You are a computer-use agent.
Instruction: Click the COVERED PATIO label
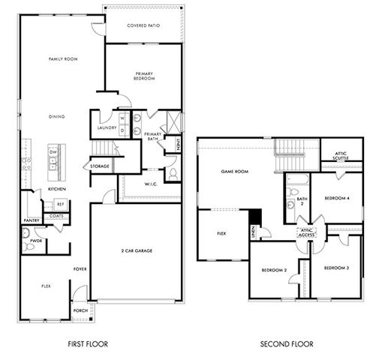point(144,25)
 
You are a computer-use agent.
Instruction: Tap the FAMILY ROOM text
point(64,58)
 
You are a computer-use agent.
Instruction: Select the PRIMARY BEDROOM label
point(145,76)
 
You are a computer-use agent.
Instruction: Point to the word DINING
point(56,116)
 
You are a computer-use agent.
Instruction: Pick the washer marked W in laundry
point(121,118)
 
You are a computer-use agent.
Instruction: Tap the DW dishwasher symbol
point(53,152)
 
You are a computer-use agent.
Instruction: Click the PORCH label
point(80,310)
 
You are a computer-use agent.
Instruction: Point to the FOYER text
point(80,268)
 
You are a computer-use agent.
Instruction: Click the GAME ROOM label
point(234,172)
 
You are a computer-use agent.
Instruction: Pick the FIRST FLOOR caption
point(87,344)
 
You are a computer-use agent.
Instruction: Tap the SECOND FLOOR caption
point(287,344)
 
